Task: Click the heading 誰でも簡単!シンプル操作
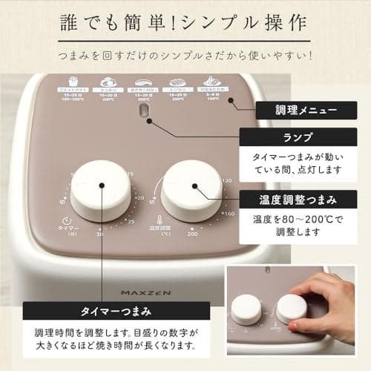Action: (x=185, y=23)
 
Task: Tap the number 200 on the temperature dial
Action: (x=192, y=233)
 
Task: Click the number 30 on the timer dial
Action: (x=99, y=234)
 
